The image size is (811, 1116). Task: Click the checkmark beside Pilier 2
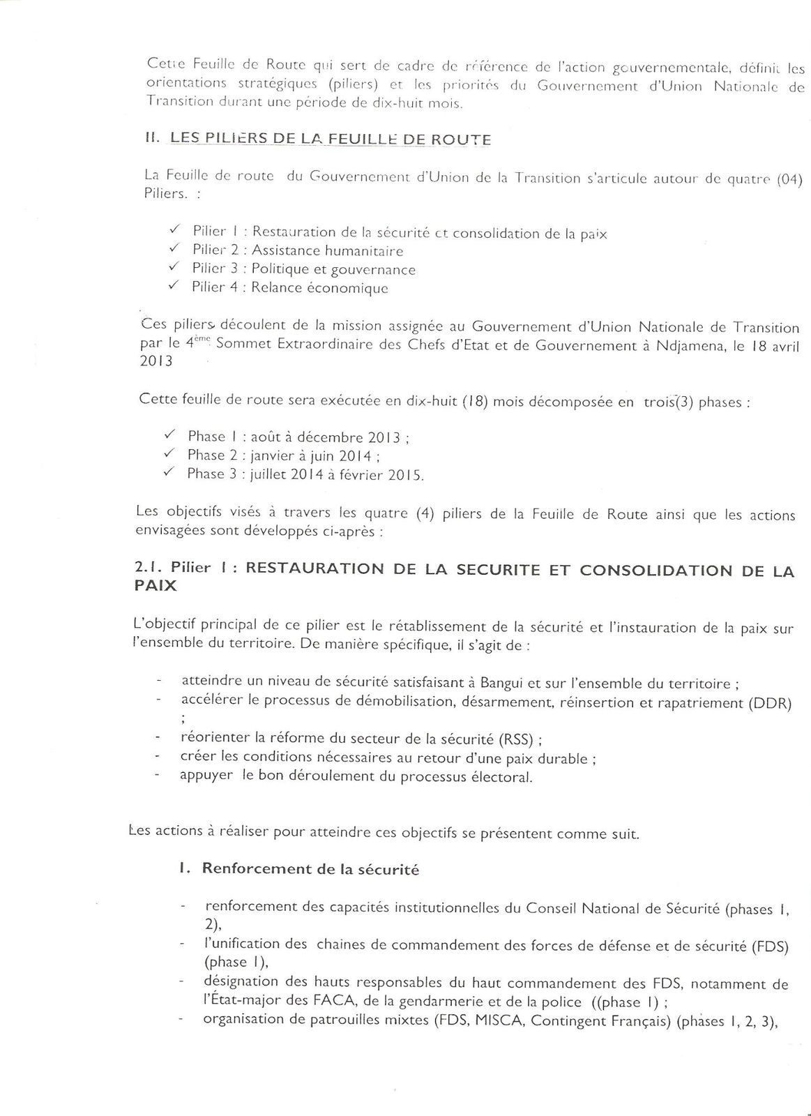click(176, 248)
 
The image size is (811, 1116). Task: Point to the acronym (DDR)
click(768, 703)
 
